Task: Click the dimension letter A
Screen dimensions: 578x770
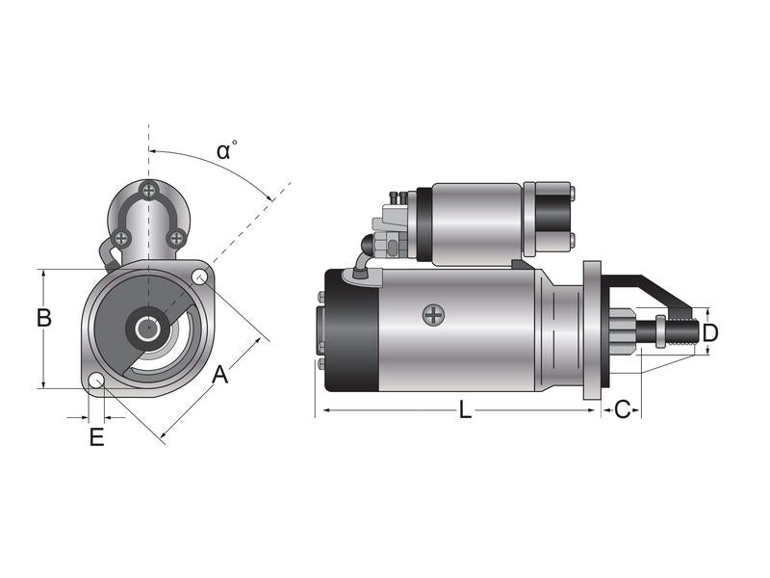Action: pyautogui.click(x=220, y=375)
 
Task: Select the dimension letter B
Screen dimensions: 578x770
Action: pyautogui.click(x=43, y=318)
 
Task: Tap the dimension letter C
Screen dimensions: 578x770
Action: pyautogui.click(x=622, y=410)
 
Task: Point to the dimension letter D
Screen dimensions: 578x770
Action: pyautogui.click(x=710, y=333)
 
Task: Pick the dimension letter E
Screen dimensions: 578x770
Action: pyautogui.click(x=96, y=438)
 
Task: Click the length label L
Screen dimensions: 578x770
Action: pyautogui.click(x=465, y=410)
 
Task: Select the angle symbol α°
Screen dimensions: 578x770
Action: pyautogui.click(x=226, y=151)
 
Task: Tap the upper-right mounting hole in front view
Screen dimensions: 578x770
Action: pyautogui.click(x=200, y=278)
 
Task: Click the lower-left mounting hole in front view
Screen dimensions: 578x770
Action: pyautogui.click(x=96, y=381)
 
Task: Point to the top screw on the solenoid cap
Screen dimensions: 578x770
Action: pyautogui.click(x=147, y=190)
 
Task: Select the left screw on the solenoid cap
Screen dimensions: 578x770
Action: pyautogui.click(x=120, y=237)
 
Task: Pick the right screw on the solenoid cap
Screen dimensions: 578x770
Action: pyautogui.click(x=176, y=237)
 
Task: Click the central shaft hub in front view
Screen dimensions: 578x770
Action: pyautogui.click(x=147, y=329)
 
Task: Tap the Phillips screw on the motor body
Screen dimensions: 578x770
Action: pyautogui.click(x=435, y=314)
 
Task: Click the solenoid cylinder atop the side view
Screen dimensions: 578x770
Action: pyautogui.click(x=476, y=223)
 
